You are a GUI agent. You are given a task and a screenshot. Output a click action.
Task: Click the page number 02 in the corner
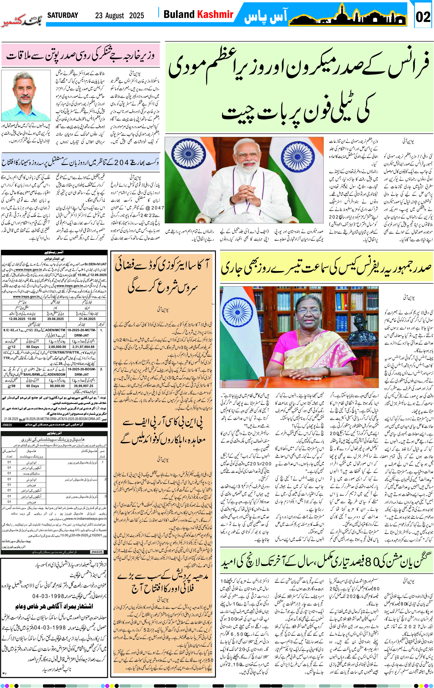[423, 17]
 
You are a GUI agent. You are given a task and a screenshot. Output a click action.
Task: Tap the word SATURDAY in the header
[63, 15]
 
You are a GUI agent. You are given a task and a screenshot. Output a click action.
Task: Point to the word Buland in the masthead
[179, 14]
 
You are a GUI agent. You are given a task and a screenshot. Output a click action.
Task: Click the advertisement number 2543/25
[97, 552]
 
